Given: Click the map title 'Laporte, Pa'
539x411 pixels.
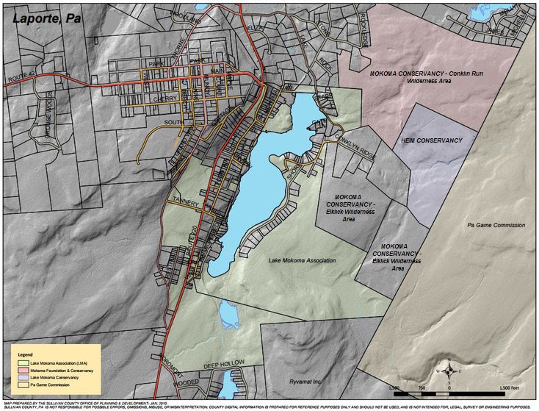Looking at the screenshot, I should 41,15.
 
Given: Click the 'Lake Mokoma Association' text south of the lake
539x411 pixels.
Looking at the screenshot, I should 302,260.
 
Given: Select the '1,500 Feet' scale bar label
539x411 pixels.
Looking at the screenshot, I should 510,387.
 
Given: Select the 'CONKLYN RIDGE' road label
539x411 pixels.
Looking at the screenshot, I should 355,137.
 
